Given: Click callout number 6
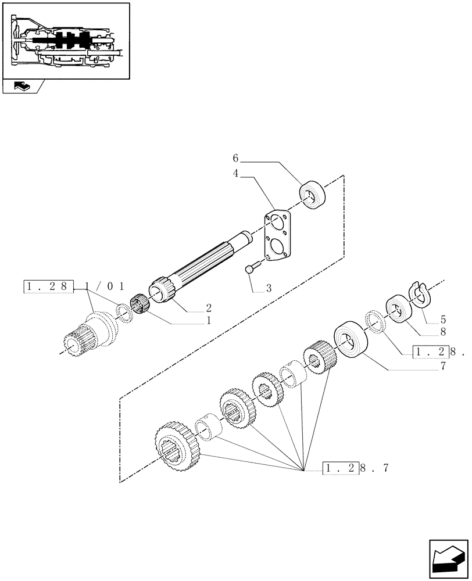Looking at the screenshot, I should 236,158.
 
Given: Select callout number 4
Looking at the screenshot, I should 236,173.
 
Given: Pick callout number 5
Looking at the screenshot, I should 443,319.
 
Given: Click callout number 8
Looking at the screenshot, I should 443,332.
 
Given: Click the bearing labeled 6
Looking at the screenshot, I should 312,194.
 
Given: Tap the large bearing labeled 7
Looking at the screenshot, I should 349,339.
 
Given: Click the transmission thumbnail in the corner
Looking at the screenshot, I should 66,41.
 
